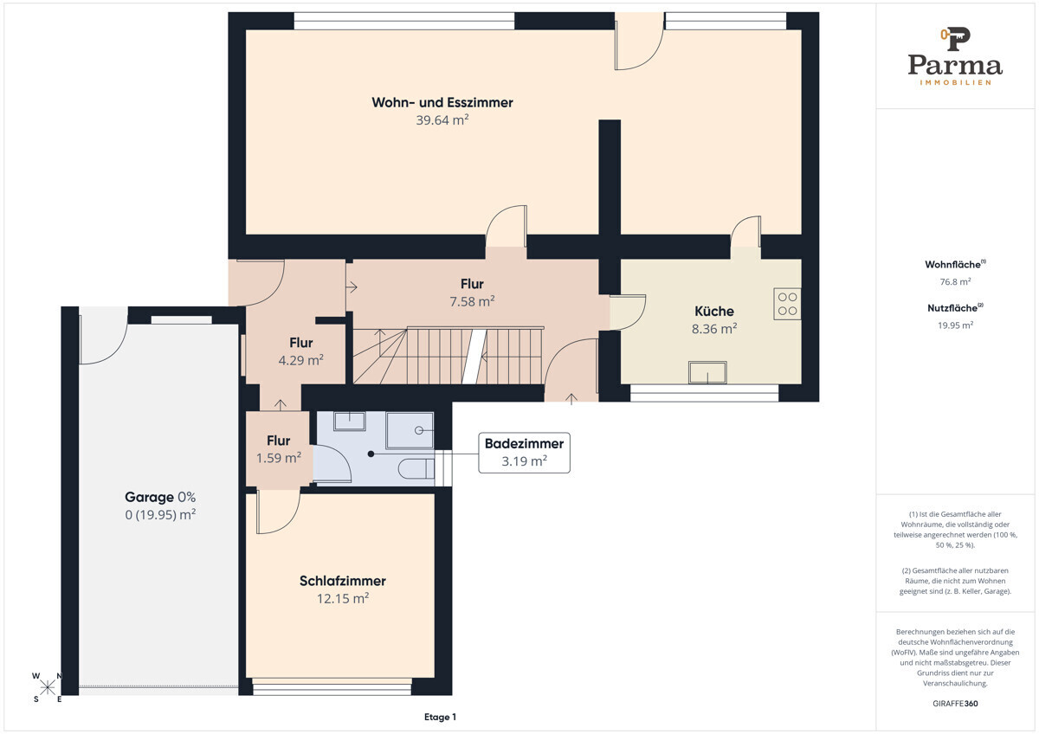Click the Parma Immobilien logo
click(x=955, y=56)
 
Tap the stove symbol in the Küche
click(x=787, y=304)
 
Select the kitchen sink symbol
click(x=707, y=373)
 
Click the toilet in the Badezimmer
click(x=416, y=469)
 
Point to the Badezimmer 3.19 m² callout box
click(x=524, y=453)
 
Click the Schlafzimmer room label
click(x=343, y=581)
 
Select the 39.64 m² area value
click(x=442, y=120)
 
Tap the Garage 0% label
click(x=160, y=497)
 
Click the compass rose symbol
click(x=48, y=687)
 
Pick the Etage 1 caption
click(x=440, y=717)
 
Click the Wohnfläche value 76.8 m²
click(x=955, y=281)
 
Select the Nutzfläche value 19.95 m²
click(x=955, y=325)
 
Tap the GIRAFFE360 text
click(x=955, y=704)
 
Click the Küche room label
click(x=713, y=311)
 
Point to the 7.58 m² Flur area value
click(x=472, y=301)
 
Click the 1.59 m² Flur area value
click(x=278, y=458)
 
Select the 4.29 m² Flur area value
click(x=300, y=360)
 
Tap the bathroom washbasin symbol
click(x=350, y=421)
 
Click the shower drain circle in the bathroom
click(x=419, y=430)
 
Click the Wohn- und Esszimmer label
click(x=442, y=102)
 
